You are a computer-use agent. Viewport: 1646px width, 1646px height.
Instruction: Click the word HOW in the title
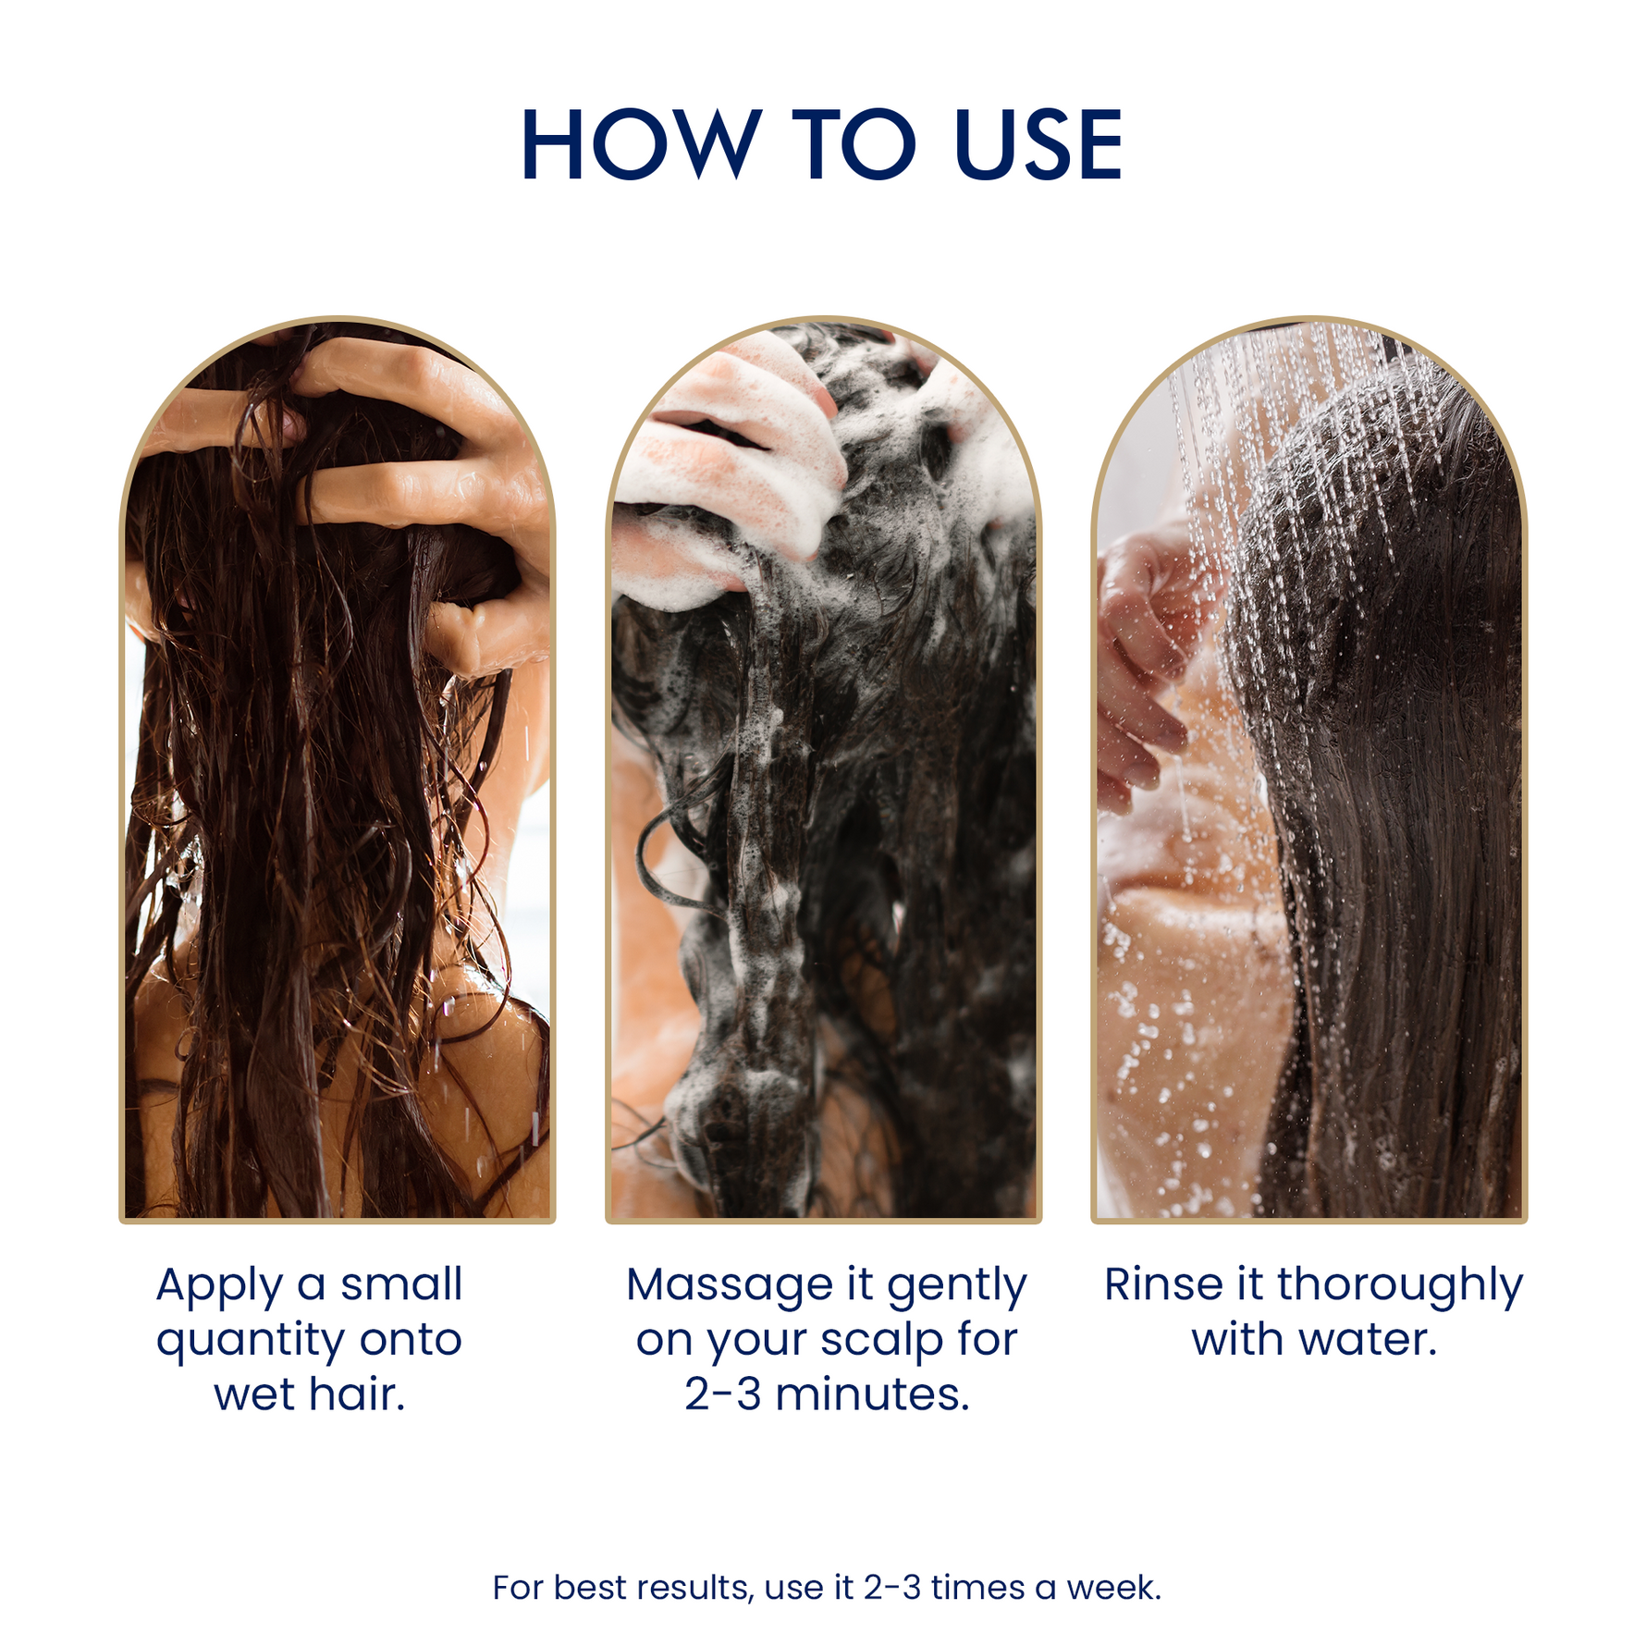(x=641, y=144)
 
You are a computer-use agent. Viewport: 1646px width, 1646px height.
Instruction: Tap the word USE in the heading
(x=1038, y=144)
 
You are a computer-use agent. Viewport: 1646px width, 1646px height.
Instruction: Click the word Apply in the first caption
(x=219, y=1287)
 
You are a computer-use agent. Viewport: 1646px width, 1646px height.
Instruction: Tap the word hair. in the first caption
(x=357, y=1394)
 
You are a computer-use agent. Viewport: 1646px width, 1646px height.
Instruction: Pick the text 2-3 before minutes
(x=723, y=1394)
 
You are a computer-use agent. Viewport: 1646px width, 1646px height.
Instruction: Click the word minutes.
(x=872, y=1394)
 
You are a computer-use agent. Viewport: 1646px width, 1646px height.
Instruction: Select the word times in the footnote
(x=978, y=1588)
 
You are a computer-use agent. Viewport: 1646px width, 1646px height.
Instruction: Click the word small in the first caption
(x=401, y=1284)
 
